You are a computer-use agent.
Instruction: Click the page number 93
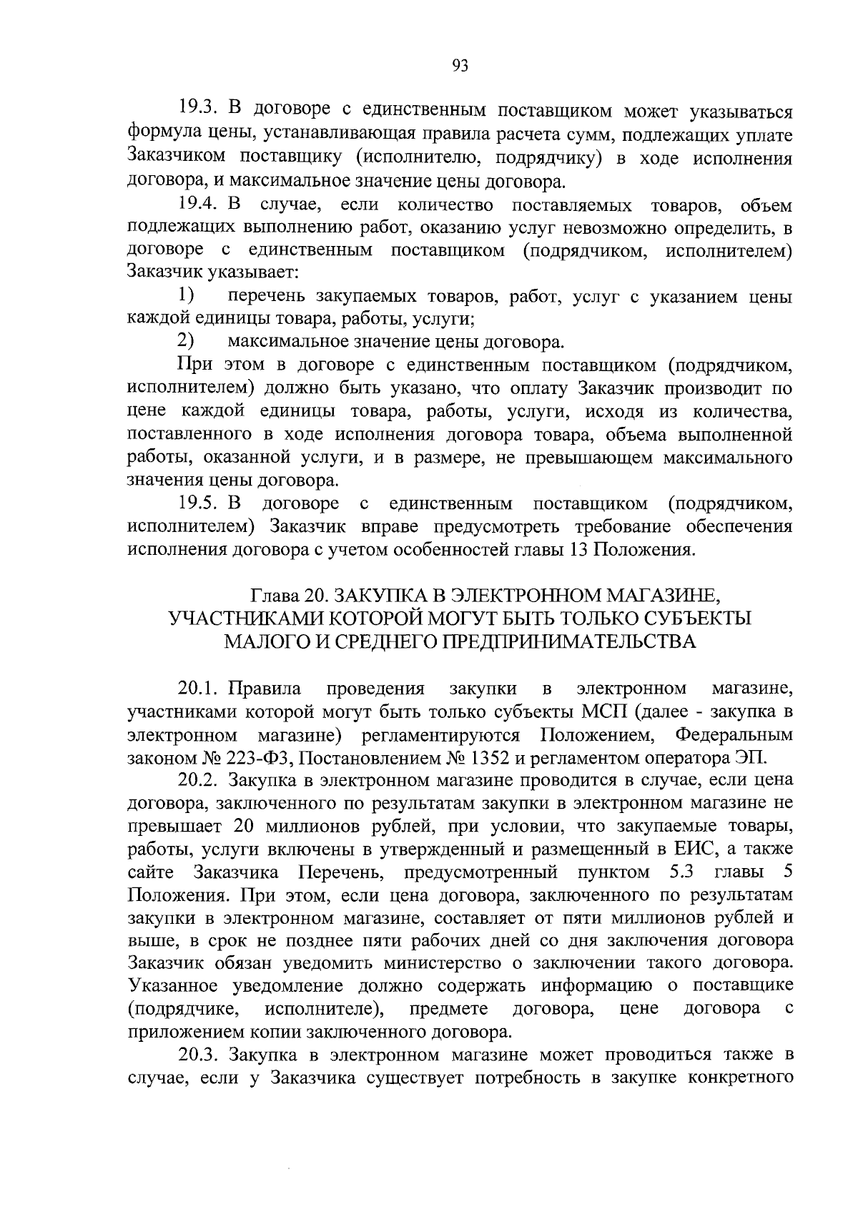pos(460,66)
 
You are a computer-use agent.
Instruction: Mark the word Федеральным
pos(734,734)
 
